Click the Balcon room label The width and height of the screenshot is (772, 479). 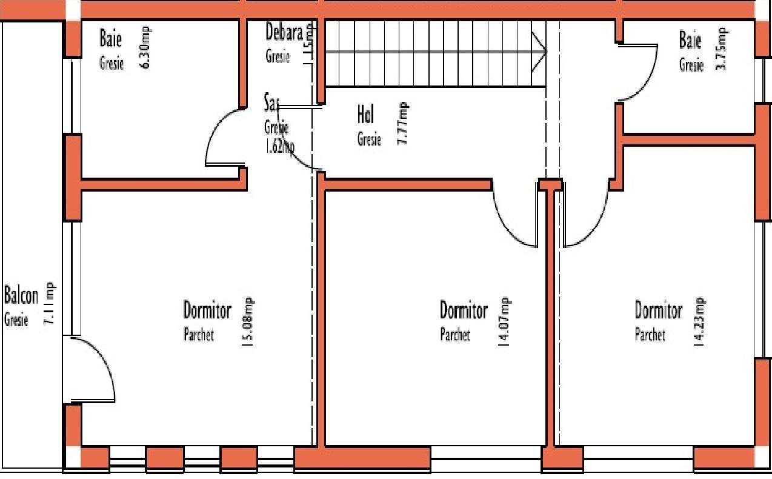point(21,296)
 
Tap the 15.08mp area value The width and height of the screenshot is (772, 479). point(247,321)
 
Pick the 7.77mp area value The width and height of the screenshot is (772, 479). point(402,123)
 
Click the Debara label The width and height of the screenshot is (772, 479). point(284,33)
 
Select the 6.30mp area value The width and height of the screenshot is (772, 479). point(145,47)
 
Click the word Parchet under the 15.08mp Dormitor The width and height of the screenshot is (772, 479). point(199,335)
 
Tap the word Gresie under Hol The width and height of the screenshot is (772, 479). point(369,139)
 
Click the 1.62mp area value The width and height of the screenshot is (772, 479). point(279,147)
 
